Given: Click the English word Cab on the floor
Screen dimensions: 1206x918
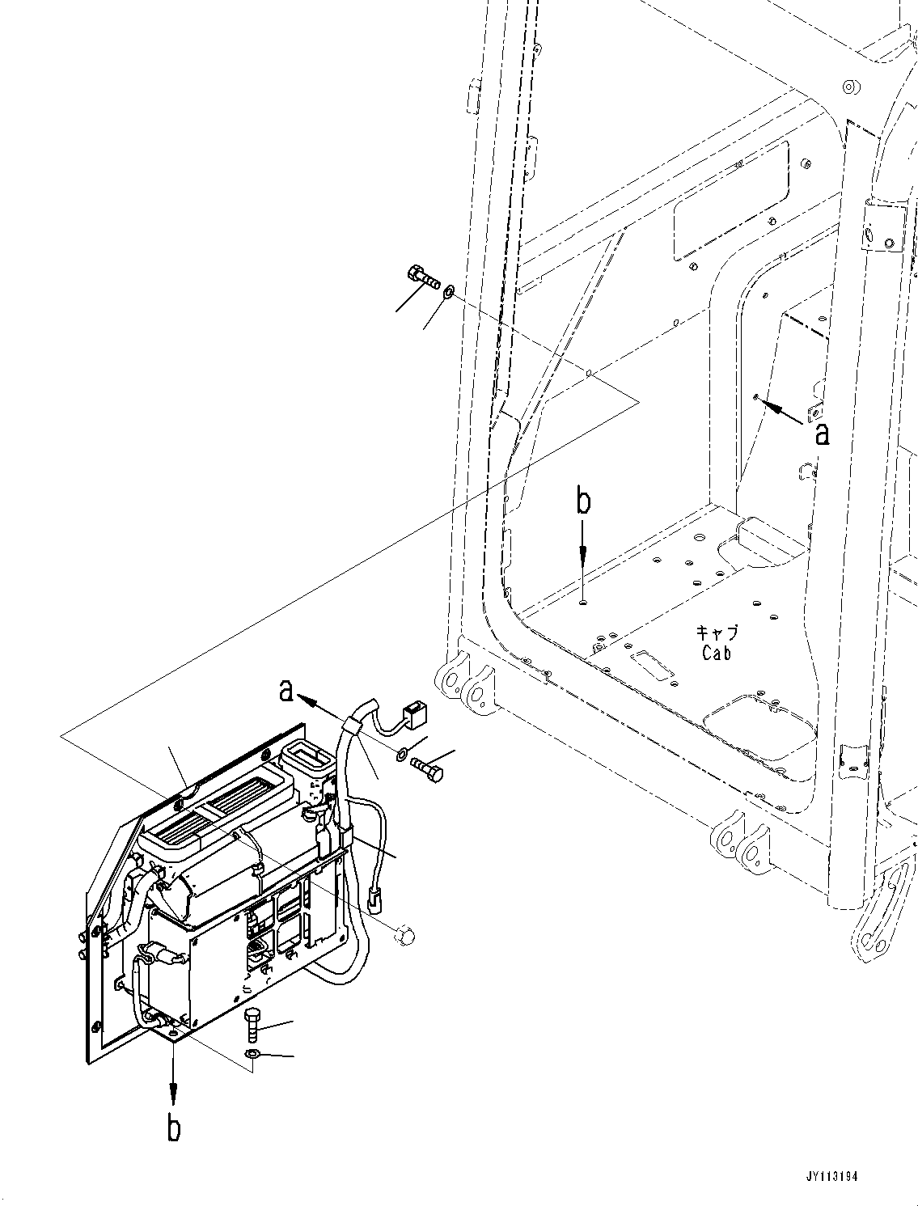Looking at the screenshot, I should pyautogui.click(x=716, y=653).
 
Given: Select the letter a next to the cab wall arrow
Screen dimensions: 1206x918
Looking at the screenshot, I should pyautogui.click(x=822, y=434).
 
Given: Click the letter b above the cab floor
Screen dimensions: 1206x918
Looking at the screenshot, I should pyautogui.click(x=583, y=501).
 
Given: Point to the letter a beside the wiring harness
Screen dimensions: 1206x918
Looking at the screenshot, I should pyautogui.click(x=285, y=690).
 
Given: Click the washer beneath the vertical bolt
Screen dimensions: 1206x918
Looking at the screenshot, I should pyautogui.click(x=252, y=1054).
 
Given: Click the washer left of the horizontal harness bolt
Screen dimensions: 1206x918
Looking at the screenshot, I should pyautogui.click(x=402, y=755).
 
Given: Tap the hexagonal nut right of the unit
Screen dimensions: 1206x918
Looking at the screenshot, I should pyautogui.click(x=404, y=936).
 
